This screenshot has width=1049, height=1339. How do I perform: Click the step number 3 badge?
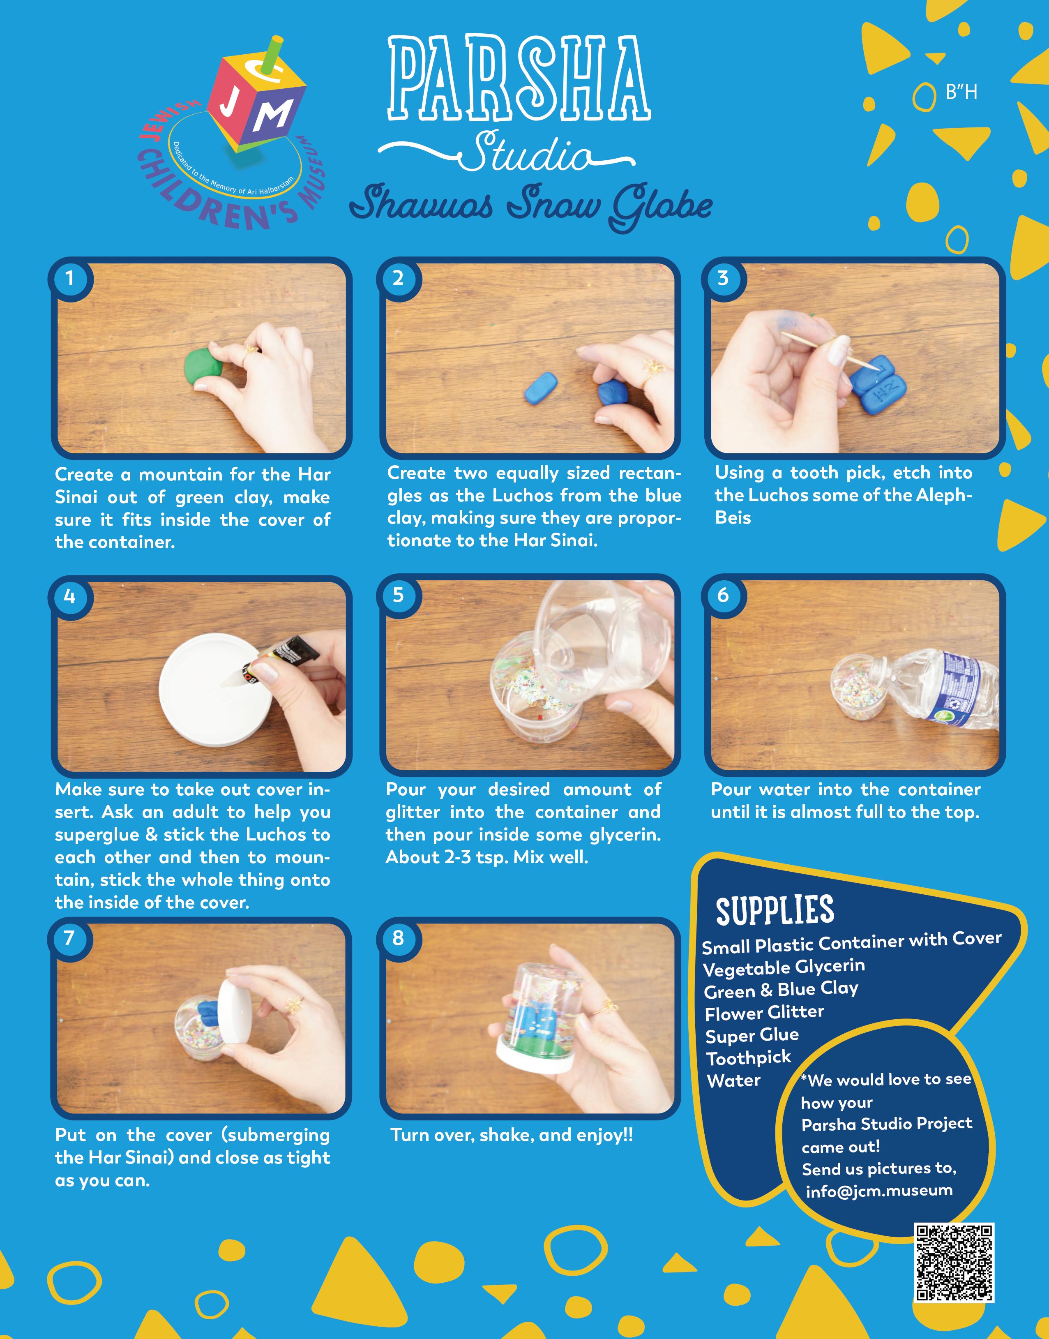[x=724, y=278]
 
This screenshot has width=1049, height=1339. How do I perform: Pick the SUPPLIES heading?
[x=775, y=910]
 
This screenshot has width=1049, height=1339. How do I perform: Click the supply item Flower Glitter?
[x=764, y=1013]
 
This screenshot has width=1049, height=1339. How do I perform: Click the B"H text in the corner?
[x=961, y=93]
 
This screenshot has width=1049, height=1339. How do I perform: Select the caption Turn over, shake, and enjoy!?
[x=512, y=1135]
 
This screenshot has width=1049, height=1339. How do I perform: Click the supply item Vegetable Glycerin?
[x=784, y=967]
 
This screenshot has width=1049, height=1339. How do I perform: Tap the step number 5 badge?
[x=398, y=595]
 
